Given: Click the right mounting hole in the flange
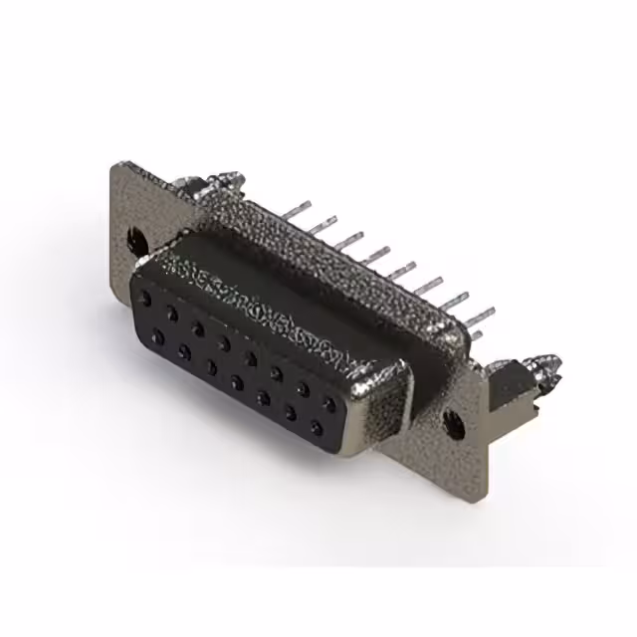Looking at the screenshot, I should [453, 422].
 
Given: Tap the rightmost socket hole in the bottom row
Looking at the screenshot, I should [317, 429].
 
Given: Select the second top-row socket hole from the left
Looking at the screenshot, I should [172, 313].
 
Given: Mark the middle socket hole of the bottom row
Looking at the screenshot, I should [238, 381].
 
